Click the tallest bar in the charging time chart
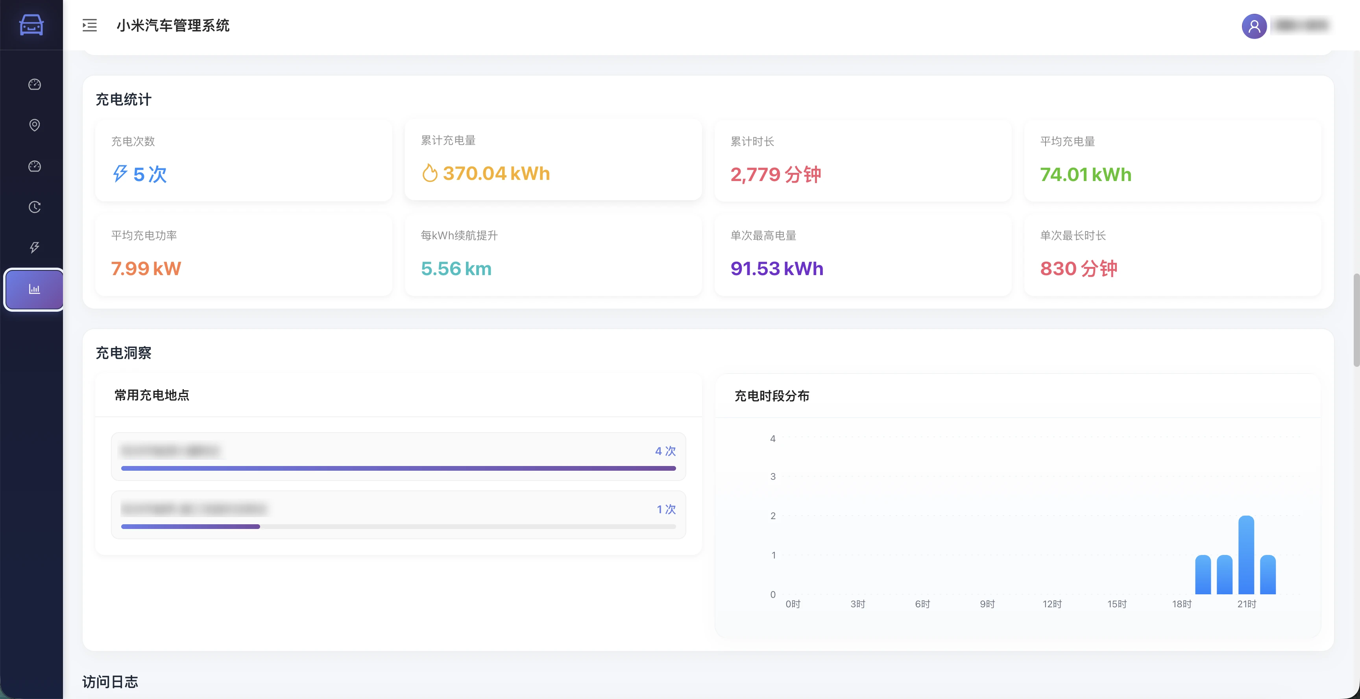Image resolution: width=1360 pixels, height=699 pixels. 1246,554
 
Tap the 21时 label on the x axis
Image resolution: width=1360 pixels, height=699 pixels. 1247,604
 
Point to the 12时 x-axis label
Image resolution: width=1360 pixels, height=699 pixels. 1051,604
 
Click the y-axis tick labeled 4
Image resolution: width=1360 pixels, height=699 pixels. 773,439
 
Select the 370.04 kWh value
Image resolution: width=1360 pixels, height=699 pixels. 496,173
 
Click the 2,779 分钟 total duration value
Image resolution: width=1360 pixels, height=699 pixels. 776,174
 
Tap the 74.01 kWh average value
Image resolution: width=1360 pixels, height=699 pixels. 1085,174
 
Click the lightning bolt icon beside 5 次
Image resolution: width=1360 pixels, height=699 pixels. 120,173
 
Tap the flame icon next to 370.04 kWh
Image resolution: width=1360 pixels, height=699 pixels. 430,173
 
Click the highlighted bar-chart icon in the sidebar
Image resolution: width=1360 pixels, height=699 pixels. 34,289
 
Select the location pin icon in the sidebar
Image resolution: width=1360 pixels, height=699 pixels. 34,125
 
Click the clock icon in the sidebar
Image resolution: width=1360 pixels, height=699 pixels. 34,207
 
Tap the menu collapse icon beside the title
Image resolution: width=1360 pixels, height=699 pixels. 90,25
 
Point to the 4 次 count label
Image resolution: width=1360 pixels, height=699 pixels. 665,451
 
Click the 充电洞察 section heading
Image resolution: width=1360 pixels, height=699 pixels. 124,353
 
